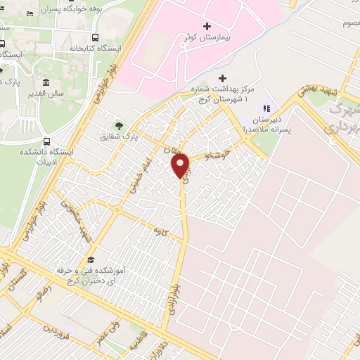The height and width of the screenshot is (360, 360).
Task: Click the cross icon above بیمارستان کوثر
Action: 206,25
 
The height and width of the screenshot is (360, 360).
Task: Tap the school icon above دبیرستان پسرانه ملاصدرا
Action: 266,108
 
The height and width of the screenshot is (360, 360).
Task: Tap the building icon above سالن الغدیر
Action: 46,82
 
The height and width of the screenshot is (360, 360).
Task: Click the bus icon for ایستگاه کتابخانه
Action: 95,37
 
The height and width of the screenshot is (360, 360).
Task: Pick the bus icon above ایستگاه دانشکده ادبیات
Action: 46,140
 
